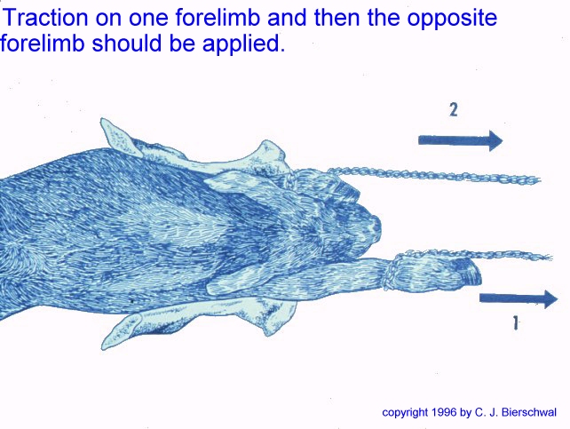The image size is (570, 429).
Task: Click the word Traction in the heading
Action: (x=45, y=17)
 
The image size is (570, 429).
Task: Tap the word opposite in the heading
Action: (x=452, y=18)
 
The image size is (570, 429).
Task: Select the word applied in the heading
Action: (x=243, y=44)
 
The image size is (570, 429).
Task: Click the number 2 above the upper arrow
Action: (x=454, y=109)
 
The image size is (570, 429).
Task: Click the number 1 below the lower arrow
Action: (x=515, y=322)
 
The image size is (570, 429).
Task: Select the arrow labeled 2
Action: (x=460, y=140)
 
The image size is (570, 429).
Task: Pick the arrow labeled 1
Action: (x=519, y=298)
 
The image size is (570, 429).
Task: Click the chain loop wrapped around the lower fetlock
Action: (x=392, y=272)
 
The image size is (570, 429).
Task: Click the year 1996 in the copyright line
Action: (x=444, y=412)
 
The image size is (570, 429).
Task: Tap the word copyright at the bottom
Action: (x=405, y=413)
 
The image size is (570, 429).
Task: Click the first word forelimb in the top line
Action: (x=218, y=17)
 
